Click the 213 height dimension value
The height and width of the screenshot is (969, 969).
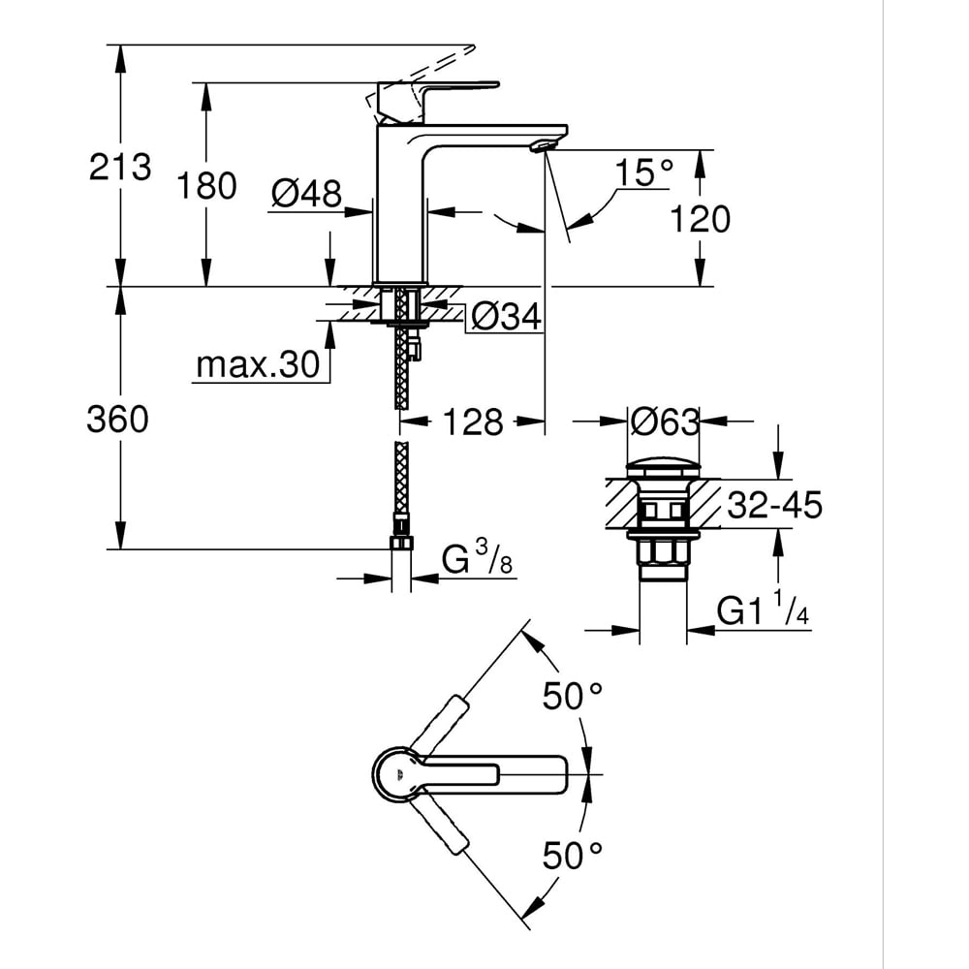[x=120, y=167]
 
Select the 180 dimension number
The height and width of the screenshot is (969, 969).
[x=206, y=185]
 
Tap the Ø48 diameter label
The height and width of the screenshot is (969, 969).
[x=306, y=194]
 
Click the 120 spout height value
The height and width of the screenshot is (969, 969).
[x=701, y=219]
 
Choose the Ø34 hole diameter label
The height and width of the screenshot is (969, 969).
[x=505, y=316]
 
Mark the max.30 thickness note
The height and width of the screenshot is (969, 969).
[x=258, y=364]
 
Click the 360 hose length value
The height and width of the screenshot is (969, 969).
[x=117, y=420]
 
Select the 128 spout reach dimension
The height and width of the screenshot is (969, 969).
[x=474, y=422]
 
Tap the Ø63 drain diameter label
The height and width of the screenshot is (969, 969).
[x=664, y=422]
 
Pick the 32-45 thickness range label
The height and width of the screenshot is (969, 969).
[x=776, y=505]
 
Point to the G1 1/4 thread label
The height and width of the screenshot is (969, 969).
[x=763, y=611]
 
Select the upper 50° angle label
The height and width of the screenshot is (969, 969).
[x=573, y=696]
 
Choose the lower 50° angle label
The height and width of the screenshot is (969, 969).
[x=573, y=855]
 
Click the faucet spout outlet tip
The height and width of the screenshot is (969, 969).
[x=540, y=146]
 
